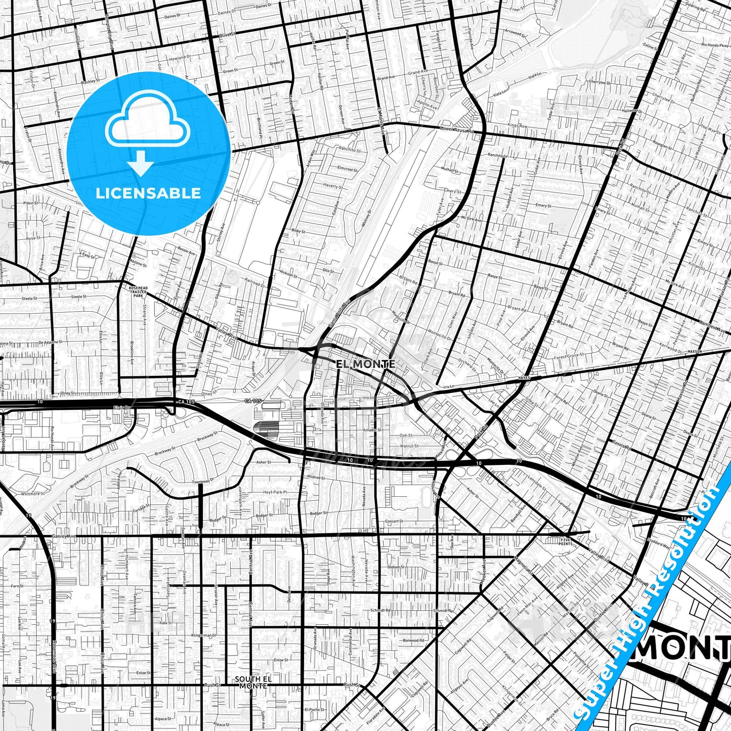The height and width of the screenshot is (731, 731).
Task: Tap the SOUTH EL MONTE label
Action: pyautogui.click(x=254, y=682)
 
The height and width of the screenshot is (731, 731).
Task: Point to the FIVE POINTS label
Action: pyautogui.click(x=565, y=541)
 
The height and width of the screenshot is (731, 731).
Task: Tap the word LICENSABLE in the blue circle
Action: pyautogui.click(x=148, y=193)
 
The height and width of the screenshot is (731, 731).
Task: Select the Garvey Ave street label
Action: pyautogui.click(x=64, y=536)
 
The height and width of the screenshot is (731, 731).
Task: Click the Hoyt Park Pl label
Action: pyautogui.click(x=275, y=492)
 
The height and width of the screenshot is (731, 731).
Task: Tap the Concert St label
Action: pyautogui.click(x=394, y=521)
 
